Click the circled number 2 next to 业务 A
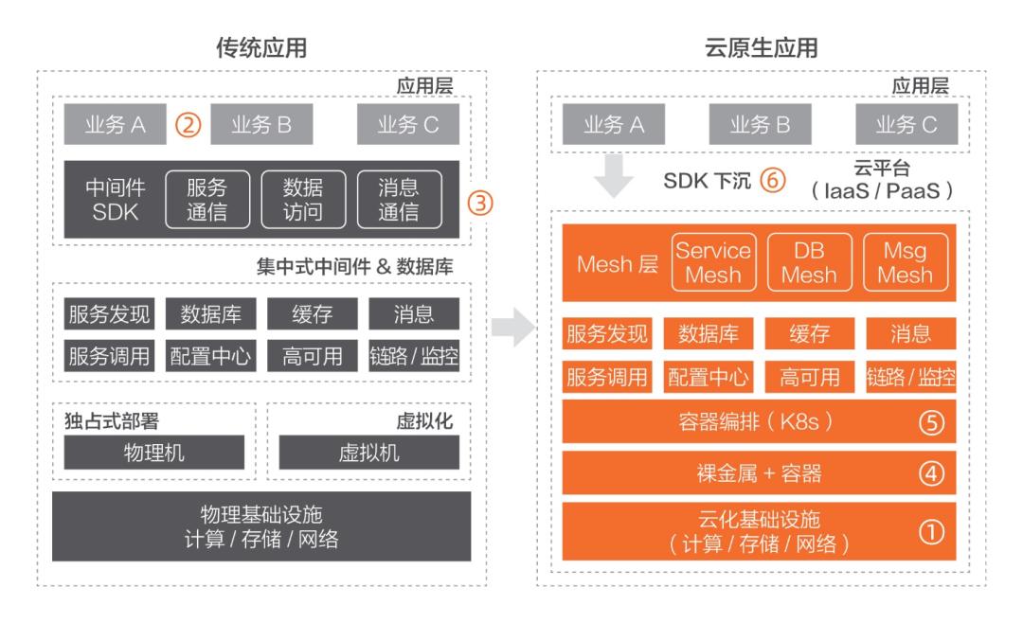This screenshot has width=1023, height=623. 188,125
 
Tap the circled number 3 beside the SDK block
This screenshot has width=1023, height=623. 483,202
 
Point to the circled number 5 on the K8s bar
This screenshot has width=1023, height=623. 932,423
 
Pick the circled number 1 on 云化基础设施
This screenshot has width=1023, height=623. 932,532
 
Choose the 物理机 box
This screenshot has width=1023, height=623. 154,453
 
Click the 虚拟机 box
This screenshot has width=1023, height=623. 368,453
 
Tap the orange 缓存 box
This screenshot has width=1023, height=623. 810,334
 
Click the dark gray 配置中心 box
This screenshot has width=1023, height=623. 210,356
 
